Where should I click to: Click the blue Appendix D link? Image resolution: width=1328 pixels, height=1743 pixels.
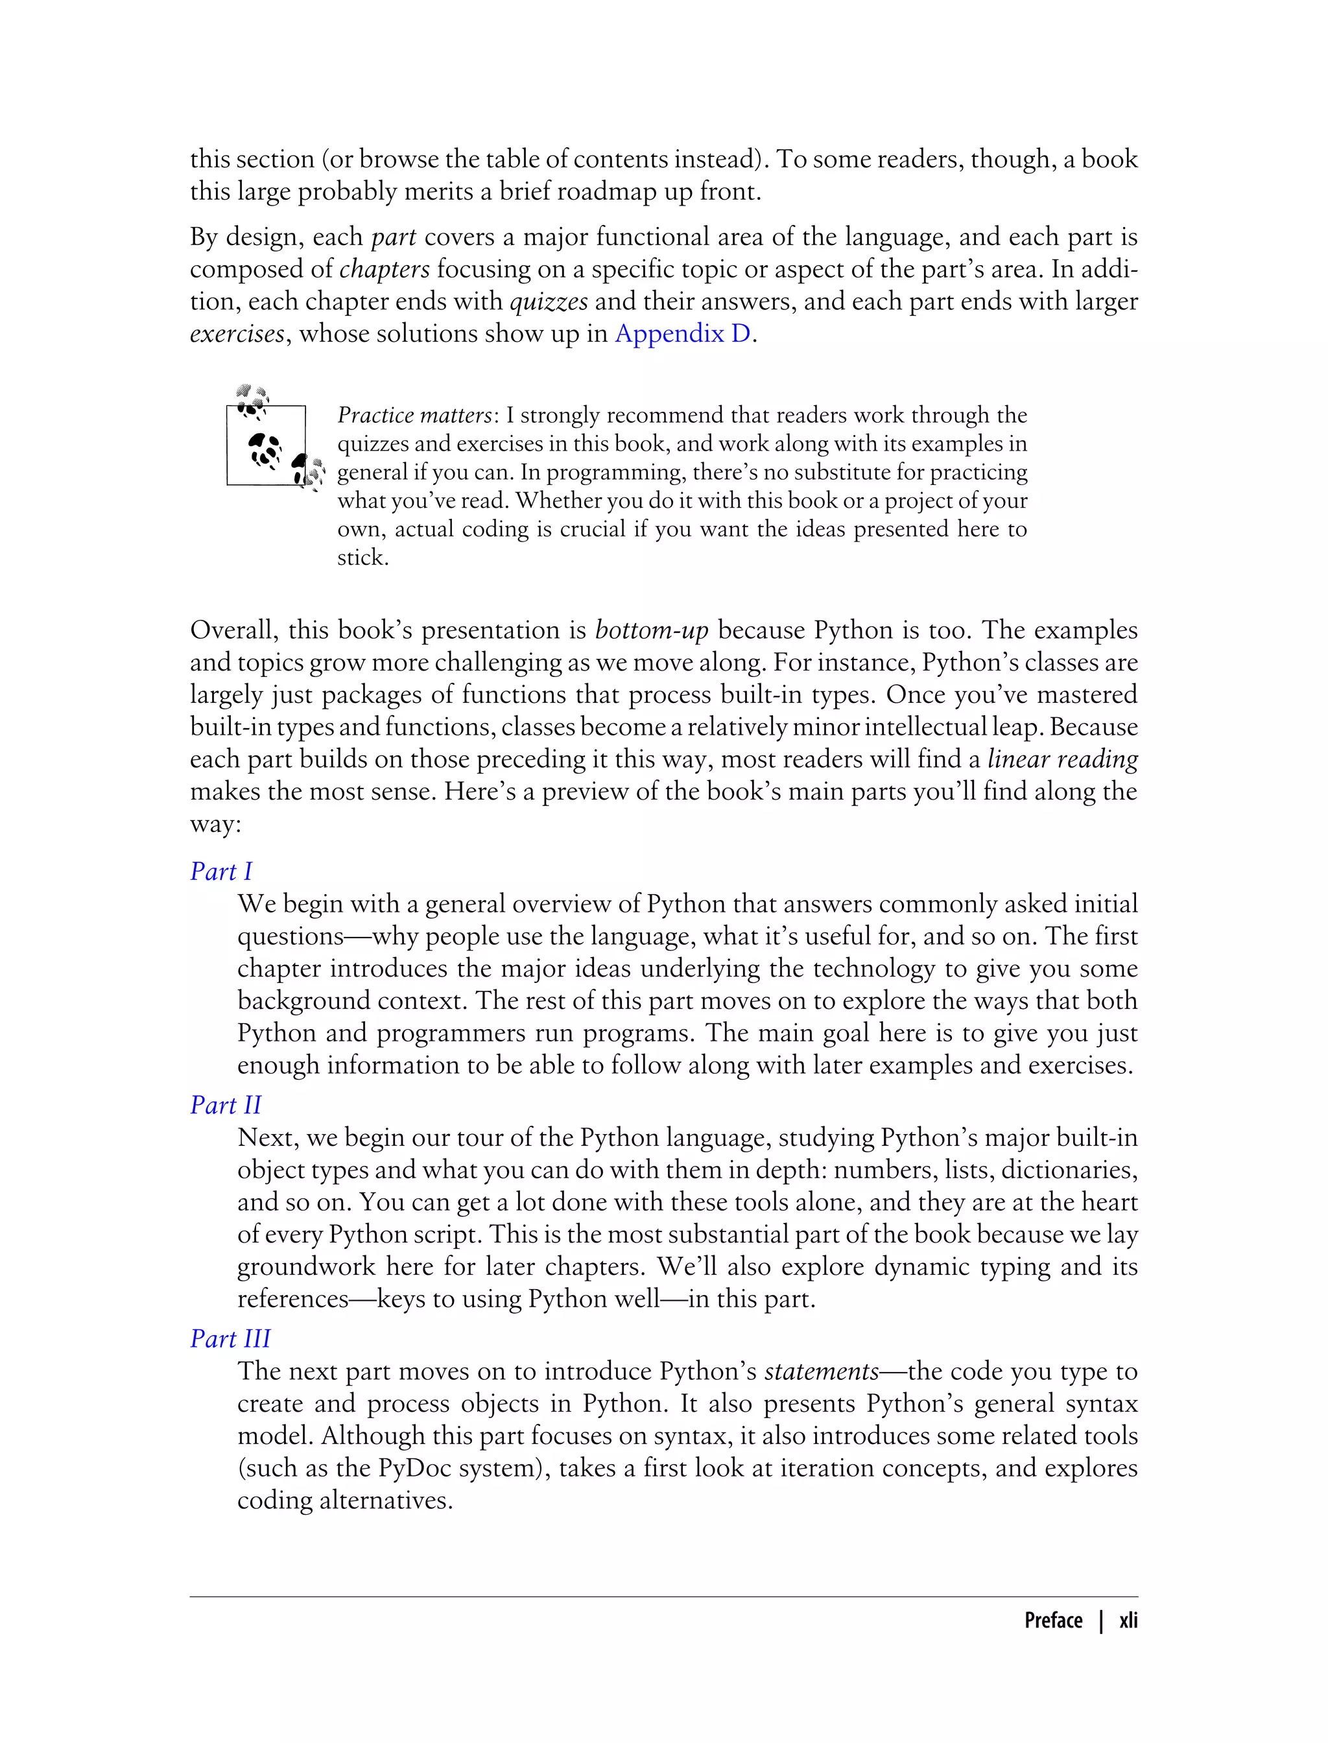point(682,333)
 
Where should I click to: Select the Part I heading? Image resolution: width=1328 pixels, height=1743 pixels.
point(220,871)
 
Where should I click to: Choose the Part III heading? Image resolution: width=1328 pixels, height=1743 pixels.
point(230,1338)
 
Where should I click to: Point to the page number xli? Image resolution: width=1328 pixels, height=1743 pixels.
point(1128,1620)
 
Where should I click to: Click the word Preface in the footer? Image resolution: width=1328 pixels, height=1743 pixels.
point(1053,1620)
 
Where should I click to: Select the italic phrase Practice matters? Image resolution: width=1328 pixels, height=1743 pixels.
point(414,415)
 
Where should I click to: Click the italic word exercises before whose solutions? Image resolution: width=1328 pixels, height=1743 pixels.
point(236,333)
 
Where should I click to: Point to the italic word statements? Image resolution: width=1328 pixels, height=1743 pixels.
point(822,1371)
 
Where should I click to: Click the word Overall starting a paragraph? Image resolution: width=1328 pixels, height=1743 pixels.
point(234,630)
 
